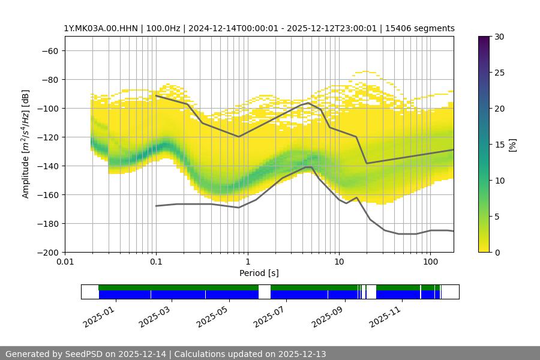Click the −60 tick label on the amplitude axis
(x=49, y=50)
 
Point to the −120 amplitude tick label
(x=47, y=137)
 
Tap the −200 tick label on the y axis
(x=47, y=252)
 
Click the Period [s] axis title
(x=259, y=274)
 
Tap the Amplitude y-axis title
(x=26, y=144)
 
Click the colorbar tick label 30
(x=498, y=37)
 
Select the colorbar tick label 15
(x=498, y=145)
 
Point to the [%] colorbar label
(x=512, y=145)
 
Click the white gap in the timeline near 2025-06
(x=265, y=292)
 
